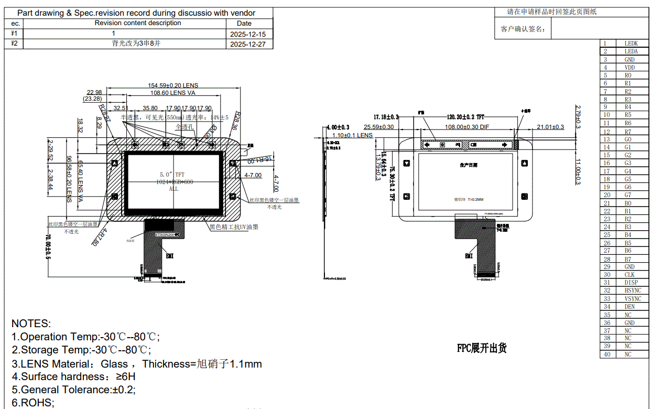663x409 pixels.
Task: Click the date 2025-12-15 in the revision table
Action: click(x=248, y=34)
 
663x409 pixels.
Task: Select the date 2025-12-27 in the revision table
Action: click(x=248, y=45)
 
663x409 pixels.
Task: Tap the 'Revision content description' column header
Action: click(x=138, y=23)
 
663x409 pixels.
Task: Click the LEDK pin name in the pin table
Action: click(x=631, y=44)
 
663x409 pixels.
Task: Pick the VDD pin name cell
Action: click(x=629, y=68)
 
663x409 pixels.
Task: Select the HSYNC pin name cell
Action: click(x=633, y=290)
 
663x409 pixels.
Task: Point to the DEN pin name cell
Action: click(x=629, y=307)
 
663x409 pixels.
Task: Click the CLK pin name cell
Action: click(x=629, y=275)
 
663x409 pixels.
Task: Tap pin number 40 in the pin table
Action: click(x=607, y=354)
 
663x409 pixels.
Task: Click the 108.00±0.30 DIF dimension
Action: click(x=468, y=127)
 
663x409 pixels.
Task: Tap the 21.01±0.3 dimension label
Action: click(x=550, y=127)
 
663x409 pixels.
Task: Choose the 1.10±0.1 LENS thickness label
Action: click(x=353, y=135)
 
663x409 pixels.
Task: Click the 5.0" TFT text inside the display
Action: click(x=172, y=174)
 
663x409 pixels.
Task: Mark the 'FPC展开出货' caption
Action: click(x=482, y=348)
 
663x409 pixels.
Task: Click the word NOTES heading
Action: click(x=31, y=324)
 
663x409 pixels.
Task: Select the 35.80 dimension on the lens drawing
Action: click(x=150, y=108)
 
